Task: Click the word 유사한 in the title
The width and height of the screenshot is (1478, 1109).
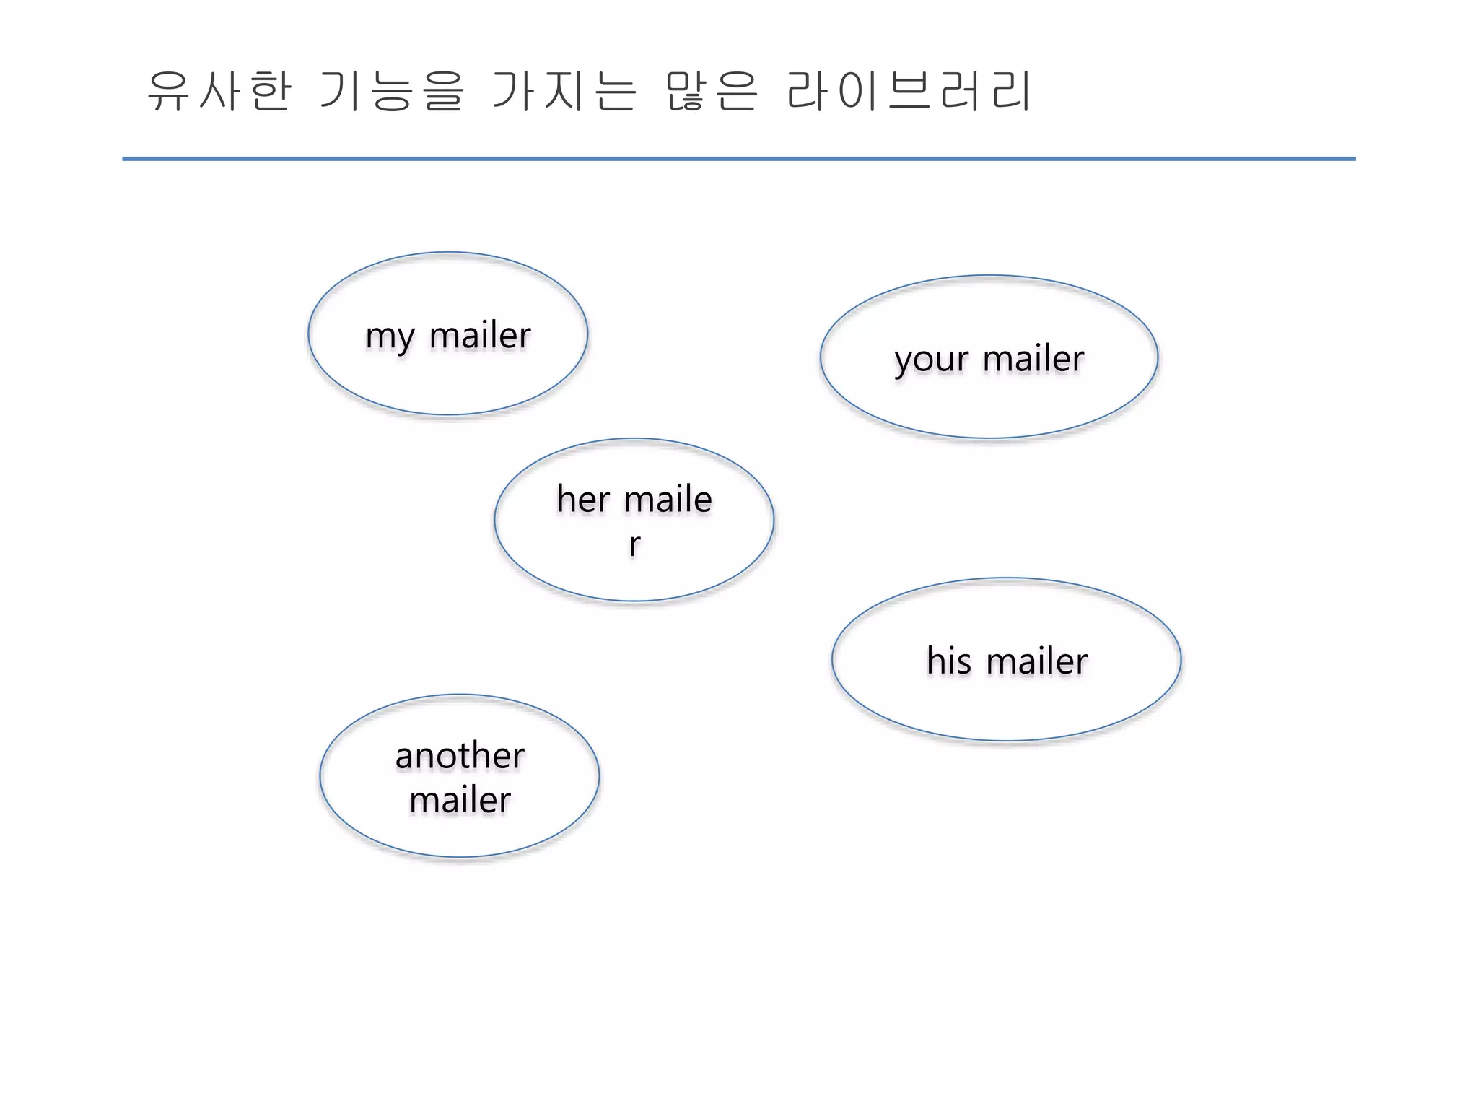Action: (x=219, y=92)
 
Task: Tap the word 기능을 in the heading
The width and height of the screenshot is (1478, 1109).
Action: (x=390, y=92)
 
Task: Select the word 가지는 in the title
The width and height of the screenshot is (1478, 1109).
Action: (x=564, y=92)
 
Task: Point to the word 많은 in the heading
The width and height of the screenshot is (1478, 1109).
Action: (x=711, y=92)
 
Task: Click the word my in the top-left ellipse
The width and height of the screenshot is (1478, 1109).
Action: (x=390, y=336)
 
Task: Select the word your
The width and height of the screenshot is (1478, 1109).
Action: (x=931, y=360)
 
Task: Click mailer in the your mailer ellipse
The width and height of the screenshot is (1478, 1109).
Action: (x=1033, y=359)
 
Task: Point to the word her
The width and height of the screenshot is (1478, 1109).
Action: (x=583, y=500)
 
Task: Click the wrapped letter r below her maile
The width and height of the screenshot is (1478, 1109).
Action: (x=634, y=544)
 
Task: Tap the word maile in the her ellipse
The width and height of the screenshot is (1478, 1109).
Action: (x=668, y=500)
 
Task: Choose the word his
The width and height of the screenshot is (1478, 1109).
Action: (x=948, y=661)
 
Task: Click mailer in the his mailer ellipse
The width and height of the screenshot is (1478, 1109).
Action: (x=1036, y=661)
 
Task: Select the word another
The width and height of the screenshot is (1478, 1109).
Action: (x=460, y=756)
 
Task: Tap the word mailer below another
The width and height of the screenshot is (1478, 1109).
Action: (x=460, y=801)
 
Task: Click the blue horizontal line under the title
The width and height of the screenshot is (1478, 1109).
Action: (x=738, y=159)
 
